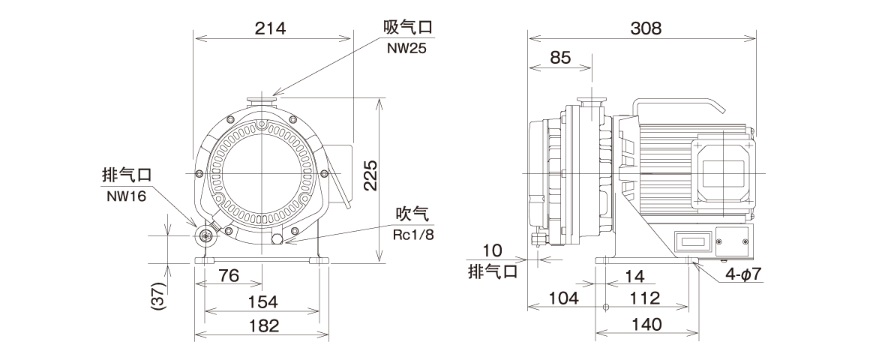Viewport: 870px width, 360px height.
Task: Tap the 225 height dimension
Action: coord(368,177)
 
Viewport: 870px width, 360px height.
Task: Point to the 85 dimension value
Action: coord(559,58)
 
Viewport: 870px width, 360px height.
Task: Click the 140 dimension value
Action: coord(646,325)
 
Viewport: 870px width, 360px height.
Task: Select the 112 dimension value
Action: coord(644,298)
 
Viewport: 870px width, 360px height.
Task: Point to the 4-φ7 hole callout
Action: coord(742,274)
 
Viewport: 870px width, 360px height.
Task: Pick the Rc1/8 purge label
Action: coord(414,233)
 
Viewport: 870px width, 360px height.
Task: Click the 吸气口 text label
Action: coord(408,28)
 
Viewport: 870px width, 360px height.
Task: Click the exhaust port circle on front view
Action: coord(205,236)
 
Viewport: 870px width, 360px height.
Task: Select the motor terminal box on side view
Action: coord(724,172)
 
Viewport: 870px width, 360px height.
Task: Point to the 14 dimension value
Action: coord(634,275)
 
